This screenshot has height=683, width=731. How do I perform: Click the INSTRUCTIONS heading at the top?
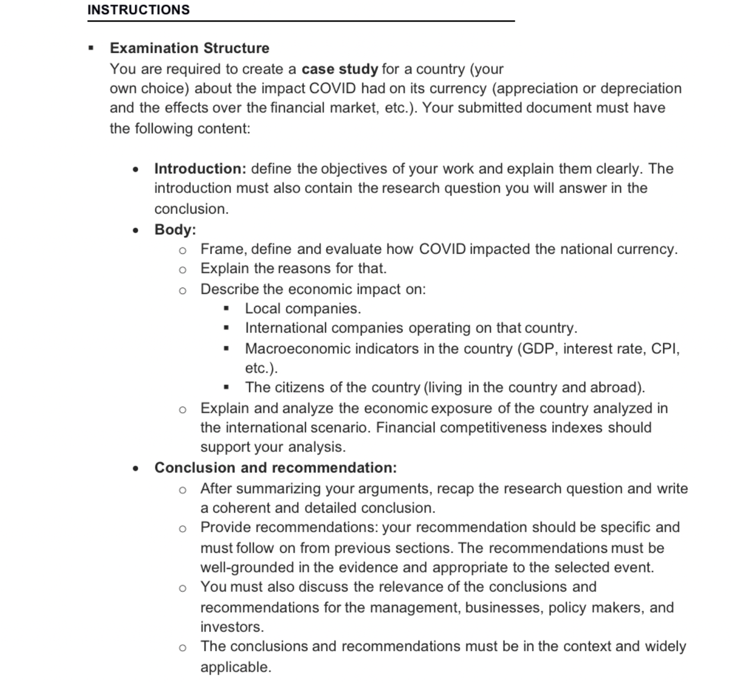tap(138, 10)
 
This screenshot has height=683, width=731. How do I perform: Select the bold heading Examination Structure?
tap(189, 48)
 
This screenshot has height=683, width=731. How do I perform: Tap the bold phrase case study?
tap(340, 69)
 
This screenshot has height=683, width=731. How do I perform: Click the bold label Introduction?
tap(200, 168)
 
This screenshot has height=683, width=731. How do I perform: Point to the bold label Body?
tap(175, 230)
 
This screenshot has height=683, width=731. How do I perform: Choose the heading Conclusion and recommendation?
tap(275, 468)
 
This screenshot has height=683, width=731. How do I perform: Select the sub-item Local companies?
tap(302, 309)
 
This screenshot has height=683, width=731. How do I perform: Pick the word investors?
tap(231, 627)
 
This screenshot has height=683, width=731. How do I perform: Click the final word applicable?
tap(235, 667)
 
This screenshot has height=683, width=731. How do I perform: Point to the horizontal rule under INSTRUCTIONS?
tap(301, 21)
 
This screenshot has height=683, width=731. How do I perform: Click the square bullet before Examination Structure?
tap(91, 49)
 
